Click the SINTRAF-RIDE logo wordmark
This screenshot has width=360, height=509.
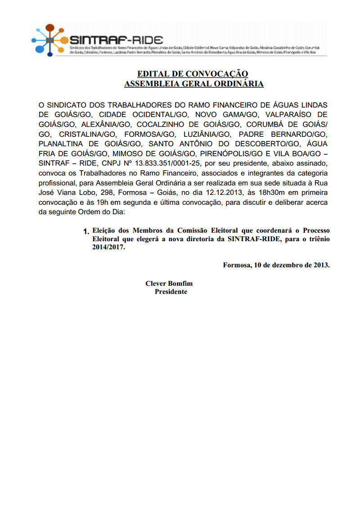[116, 39]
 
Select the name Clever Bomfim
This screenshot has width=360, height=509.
[169, 284]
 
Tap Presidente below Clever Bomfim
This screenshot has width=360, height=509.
[171, 292]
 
